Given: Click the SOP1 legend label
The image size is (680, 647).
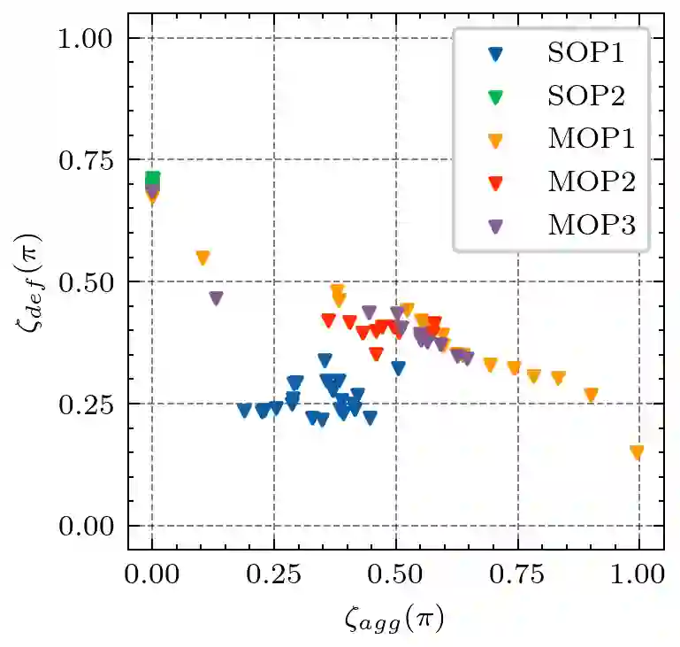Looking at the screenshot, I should (x=584, y=52).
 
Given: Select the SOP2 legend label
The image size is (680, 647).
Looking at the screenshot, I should (x=584, y=96).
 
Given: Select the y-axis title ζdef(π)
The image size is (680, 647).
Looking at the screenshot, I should (x=32, y=282).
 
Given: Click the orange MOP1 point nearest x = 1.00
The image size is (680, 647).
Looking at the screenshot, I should (x=637, y=451).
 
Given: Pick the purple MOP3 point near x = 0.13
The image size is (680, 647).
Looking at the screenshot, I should (x=216, y=297).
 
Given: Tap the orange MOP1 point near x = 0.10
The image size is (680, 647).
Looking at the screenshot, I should (x=202, y=257).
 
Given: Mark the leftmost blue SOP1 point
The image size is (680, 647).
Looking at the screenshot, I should (x=245, y=409).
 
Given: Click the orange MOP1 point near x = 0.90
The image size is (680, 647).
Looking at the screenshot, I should (x=592, y=394).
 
